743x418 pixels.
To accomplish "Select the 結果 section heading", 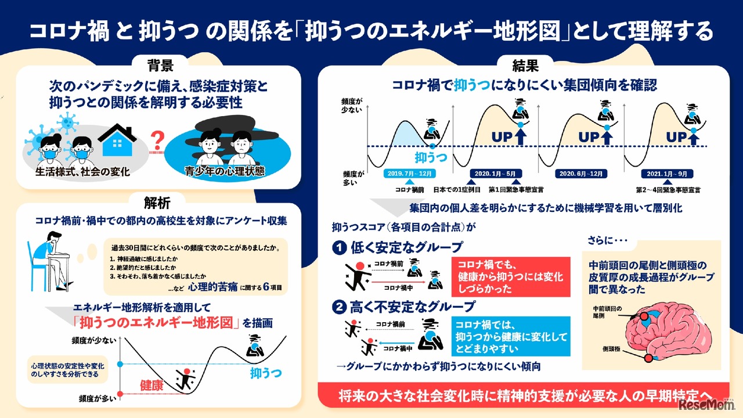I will pyautogui.click(x=524, y=64).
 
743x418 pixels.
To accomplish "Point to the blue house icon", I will pyautogui.click(x=117, y=142).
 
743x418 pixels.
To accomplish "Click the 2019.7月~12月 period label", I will pyautogui.click(x=409, y=174).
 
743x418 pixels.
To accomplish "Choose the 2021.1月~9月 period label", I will pyautogui.click(x=667, y=174).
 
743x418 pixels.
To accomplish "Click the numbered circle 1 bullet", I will pyautogui.click(x=338, y=248).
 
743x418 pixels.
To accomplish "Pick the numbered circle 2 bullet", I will pyautogui.click(x=338, y=306).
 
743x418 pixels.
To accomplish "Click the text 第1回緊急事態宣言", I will pyautogui.click(x=516, y=189).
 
